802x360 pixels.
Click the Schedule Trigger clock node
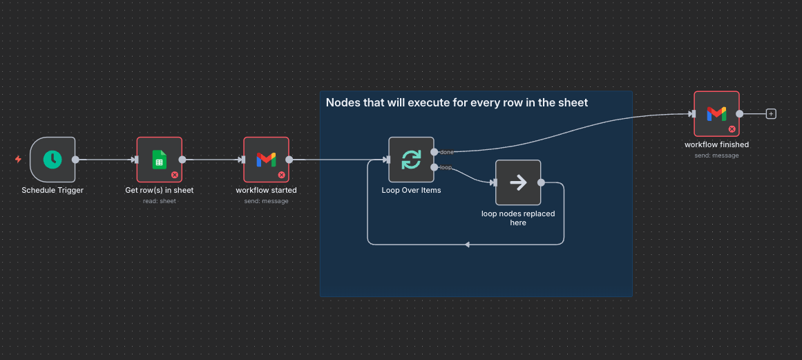[x=52, y=160]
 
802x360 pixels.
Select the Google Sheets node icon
[x=159, y=160]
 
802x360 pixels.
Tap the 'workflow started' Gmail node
[x=266, y=160]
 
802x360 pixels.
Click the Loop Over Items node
[x=411, y=160]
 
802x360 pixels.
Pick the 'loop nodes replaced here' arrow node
[x=518, y=182]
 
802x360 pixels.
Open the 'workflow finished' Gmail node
[x=716, y=114]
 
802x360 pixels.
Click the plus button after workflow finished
[x=771, y=114]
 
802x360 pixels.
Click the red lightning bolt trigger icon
[x=18, y=160]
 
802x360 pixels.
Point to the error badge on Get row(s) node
[x=175, y=175]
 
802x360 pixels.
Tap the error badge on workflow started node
[x=282, y=175]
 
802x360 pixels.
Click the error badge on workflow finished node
[x=732, y=129]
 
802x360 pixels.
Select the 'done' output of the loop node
[x=434, y=151]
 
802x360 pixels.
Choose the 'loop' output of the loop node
[x=434, y=167]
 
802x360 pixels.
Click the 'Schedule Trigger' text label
[x=52, y=190]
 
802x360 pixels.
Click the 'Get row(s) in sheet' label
[x=159, y=190]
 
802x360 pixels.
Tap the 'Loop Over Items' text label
[x=411, y=190]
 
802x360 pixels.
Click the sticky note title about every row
[x=457, y=103]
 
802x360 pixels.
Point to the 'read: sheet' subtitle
[x=159, y=201]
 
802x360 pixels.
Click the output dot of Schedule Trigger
[x=75, y=160]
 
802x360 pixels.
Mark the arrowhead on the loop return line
[x=468, y=244]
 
